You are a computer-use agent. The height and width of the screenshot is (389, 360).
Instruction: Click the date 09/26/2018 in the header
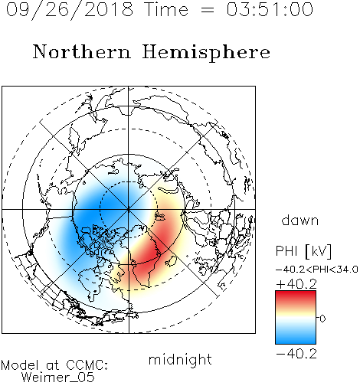tap(70, 10)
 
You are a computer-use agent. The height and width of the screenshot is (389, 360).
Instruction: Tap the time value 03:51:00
tap(270, 9)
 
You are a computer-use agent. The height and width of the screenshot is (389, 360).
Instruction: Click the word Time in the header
tap(166, 9)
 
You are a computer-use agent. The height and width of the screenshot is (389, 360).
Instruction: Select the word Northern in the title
tap(82, 51)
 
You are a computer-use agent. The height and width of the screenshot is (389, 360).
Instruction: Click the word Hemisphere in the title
tap(206, 53)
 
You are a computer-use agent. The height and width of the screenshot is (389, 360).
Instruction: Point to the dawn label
tap(300, 220)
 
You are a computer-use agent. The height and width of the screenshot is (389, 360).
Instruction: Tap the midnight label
tap(180, 359)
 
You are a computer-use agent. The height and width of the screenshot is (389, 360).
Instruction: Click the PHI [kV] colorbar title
tap(303, 251)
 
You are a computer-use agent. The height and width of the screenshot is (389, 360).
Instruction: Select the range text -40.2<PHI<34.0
tap(317, 270)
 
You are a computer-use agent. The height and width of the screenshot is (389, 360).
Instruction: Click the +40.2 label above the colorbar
tap(296, 284)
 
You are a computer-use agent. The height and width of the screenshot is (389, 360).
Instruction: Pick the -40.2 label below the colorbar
tap(296, 354)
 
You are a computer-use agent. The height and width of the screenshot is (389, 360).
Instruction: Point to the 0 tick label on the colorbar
tap(322, 319)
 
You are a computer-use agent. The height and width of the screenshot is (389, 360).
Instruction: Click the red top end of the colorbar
tap(296, 294)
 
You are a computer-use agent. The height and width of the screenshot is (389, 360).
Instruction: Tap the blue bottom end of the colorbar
tap(296, 341)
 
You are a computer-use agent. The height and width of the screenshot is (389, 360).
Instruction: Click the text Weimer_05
tap(58, 378)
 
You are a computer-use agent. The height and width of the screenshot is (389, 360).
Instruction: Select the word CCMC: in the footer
tap(87, 365)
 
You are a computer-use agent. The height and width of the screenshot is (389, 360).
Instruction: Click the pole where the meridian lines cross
tap(129, 209)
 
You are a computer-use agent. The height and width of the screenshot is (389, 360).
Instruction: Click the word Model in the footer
tap(20, 365)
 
